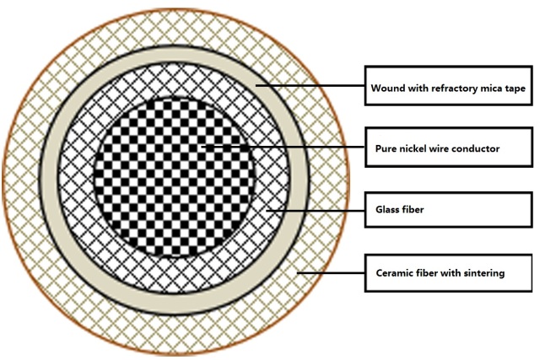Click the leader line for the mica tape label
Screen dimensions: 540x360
pyautogui.click(x=310, y=85)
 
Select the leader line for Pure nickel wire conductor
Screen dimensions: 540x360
pyautogui.click(x=283, y=147)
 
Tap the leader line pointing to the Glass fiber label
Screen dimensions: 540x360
pyautogui.click(x=316, y=210)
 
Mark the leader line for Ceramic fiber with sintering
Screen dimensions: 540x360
pyautogui.click(x=331, y=273)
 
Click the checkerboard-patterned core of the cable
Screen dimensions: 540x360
pyautogui.click(x=175, y=178)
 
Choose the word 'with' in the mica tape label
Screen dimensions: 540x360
pyautogui.click(x=418, y=89)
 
